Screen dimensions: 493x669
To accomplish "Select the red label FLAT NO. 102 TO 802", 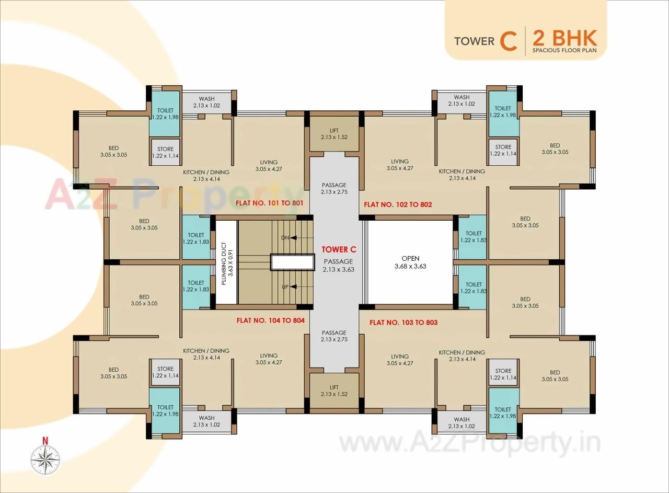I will (x=398, y=204).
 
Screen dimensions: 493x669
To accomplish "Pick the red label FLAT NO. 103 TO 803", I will (x=403, y=323).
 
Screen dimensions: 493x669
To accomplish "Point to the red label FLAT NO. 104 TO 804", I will (x=270, y=320).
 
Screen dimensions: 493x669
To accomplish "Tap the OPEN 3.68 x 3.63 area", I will (x=410, y=262).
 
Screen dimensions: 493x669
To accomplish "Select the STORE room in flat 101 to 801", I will (x=165, y=152).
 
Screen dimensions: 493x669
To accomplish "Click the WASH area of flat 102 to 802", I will (x=462, y=100).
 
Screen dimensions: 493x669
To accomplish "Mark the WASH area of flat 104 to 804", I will (x=206, y=421).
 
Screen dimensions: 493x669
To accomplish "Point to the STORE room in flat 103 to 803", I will (x=503, y=374).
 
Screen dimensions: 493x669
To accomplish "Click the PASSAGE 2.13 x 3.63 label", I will (x=338, y=266).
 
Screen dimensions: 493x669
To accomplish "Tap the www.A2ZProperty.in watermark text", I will (x=470, y=444).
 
